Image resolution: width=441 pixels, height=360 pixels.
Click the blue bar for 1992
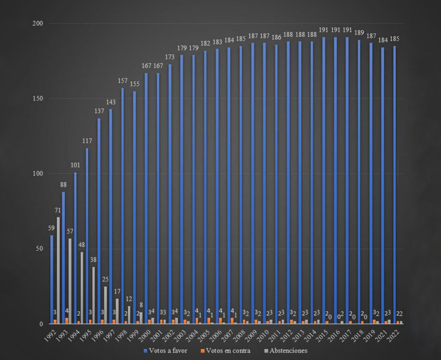click(52, 279)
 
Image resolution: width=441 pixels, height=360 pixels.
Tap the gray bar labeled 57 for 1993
click(70, 281)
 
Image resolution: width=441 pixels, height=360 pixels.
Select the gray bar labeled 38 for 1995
click(93, 295)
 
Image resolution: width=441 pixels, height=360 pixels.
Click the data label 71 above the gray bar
click(58, 210)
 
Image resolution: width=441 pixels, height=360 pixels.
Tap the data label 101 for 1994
click(75, 165)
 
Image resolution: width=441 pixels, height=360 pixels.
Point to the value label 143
click(111, 102)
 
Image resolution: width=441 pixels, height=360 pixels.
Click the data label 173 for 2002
click(170, 57)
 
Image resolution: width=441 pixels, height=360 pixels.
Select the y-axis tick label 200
click(38, 23)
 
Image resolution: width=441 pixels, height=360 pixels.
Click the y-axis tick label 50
click(40, 249)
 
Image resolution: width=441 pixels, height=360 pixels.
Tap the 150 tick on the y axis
click(38, 98)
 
